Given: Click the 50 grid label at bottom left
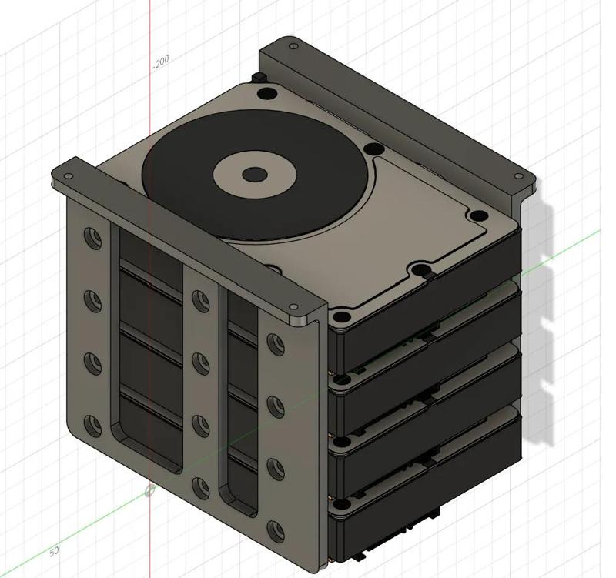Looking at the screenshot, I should point(54,551).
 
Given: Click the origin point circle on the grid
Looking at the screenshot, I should point(149,490).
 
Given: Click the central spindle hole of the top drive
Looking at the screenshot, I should point(254,175).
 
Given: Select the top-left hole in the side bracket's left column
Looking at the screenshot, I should point(93,238).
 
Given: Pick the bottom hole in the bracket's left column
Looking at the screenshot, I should point(93,425).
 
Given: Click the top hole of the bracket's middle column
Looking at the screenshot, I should point(200,301).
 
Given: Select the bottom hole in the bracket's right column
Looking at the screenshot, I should point(275,530).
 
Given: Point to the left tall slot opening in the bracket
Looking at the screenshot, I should point(150,354).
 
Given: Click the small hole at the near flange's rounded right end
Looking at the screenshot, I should point(296,308).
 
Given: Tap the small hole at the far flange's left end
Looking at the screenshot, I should point(293,47).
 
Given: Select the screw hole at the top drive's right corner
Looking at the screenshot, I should point(479,216).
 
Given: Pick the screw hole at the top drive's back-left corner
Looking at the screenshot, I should point(266,94).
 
